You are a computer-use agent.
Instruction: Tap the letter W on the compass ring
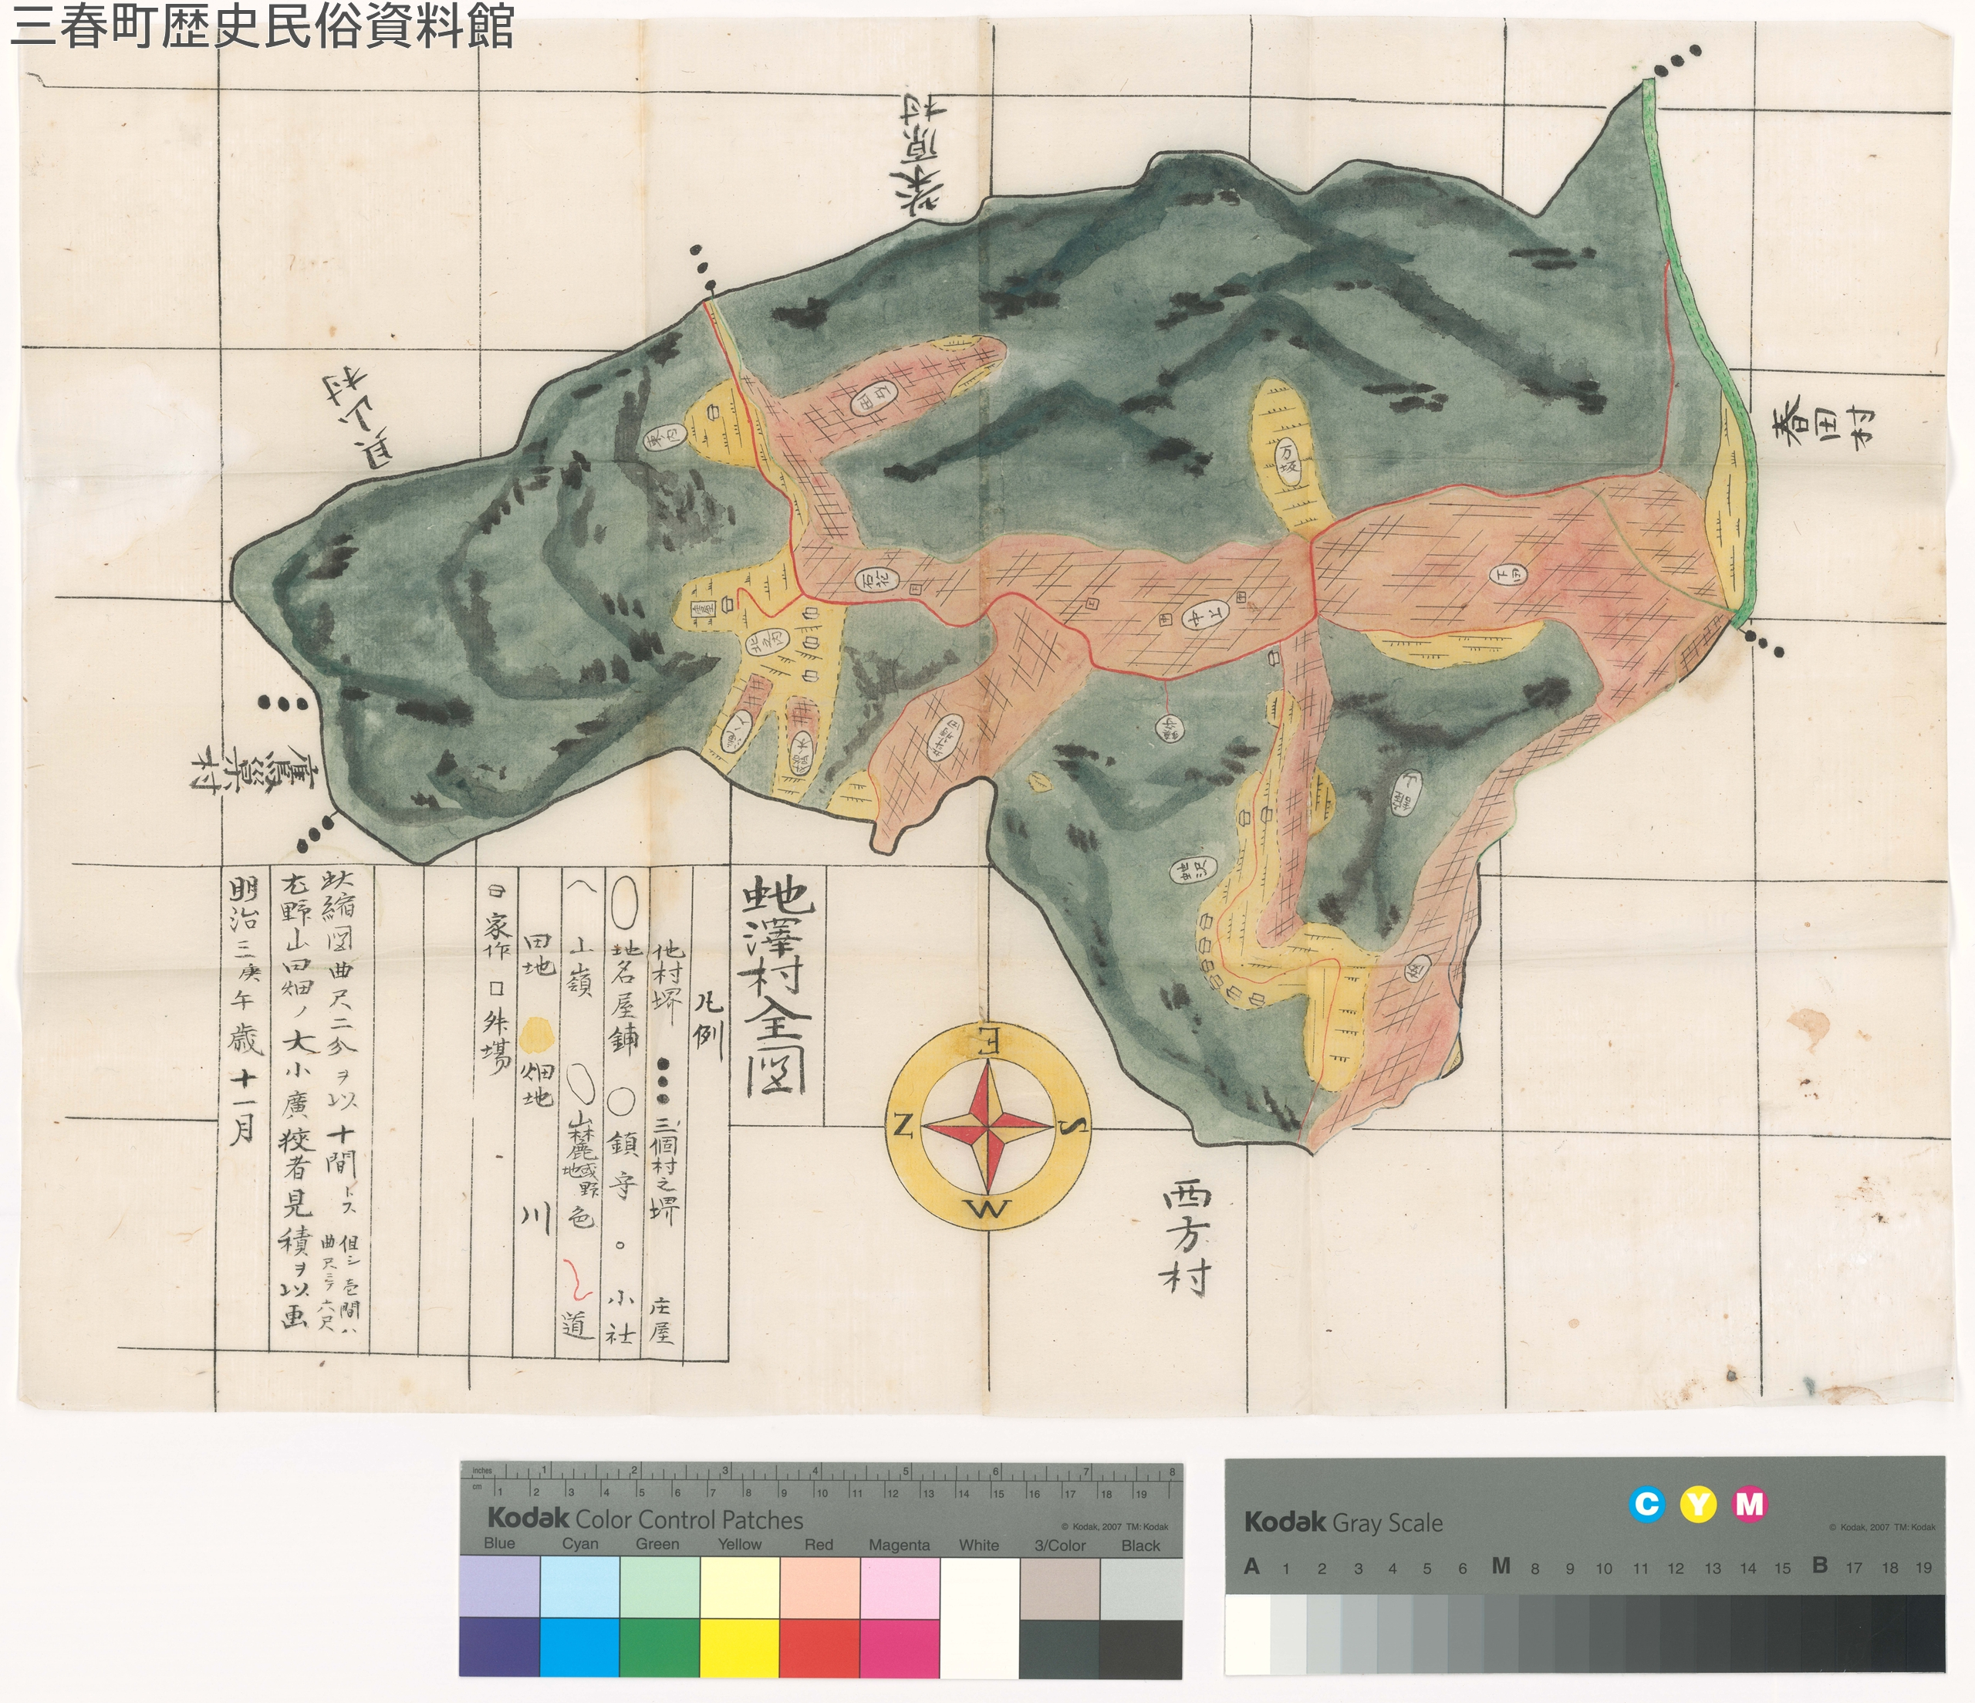pos(987,1210)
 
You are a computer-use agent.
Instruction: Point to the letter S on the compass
pos(1072,1128)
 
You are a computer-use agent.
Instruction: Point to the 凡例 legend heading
pos(708,1027)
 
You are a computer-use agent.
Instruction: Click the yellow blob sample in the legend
pos(537,1032)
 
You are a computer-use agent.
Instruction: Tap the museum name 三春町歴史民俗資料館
pos(262,25)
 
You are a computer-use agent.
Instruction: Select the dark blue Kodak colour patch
pos(499,1647)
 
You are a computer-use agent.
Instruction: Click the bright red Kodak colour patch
pos(820,1647)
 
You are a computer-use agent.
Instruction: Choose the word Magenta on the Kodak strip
pos(899,1545)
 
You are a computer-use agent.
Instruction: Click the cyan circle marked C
pos(1646,1504)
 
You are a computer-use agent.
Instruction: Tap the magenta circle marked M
pos(1749,1504)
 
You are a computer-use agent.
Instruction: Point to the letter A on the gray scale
pos(1251,1566)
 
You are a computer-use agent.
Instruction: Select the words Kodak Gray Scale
pos(1343,1522)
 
